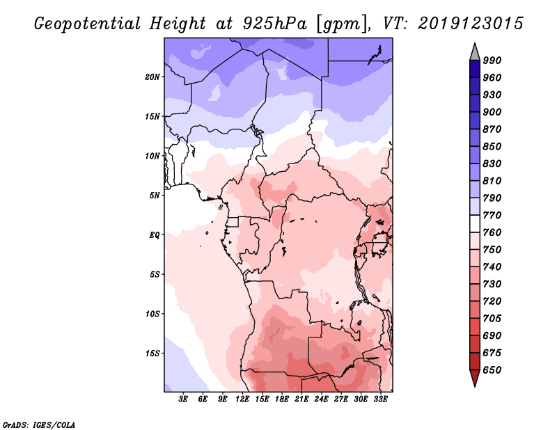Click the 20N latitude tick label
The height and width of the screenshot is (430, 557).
(152, 77)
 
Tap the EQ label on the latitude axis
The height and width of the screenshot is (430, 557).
(155, 234)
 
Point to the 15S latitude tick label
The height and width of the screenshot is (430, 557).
(152, 353)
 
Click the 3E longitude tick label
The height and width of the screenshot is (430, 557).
(184, 400)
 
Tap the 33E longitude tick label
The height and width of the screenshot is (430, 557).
(381, 400)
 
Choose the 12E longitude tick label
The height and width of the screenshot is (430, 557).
(243, 400)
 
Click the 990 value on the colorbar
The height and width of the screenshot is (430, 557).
(493, 61)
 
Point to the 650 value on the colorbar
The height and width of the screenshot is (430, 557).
(493, 370)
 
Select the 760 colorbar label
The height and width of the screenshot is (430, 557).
(493, 232)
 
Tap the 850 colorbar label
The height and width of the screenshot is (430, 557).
(493, 147)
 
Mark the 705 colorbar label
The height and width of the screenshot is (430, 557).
(493, 319)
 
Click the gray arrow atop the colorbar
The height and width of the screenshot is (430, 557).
(475, 51)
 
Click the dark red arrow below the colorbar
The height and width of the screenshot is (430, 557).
(475, 379)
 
